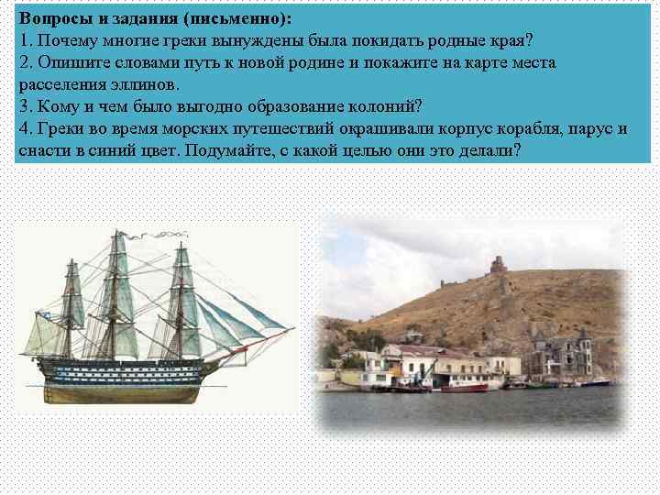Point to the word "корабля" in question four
coord(522,127)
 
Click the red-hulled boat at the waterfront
coord(463,387)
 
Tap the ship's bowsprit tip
coord(292,327)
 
